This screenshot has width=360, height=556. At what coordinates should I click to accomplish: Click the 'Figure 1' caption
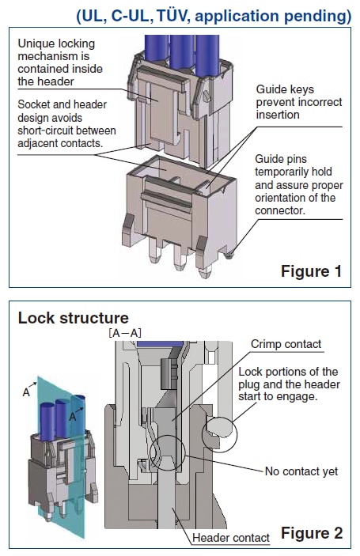coord(311,271)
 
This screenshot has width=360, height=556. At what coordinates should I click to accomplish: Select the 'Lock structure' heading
coord(73,319)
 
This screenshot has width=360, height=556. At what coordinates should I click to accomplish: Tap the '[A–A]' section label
coord(124,335)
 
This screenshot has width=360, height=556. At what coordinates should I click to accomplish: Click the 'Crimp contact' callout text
coord(286,344)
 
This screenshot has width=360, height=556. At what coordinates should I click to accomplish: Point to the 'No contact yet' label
coord(301,471)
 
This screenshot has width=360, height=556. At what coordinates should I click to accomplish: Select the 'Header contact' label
coord(231,538)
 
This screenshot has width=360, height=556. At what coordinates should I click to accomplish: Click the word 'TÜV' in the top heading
coord(199,15)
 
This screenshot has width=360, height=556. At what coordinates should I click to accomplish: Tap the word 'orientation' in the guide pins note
coord(286,198)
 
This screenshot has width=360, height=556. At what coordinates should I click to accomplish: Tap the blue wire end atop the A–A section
coord(150,344)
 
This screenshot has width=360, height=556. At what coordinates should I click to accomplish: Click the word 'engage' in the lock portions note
coord(298,397)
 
